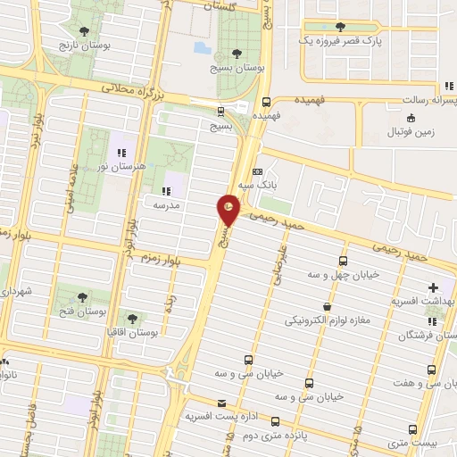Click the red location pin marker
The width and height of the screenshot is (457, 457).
click(228, 210)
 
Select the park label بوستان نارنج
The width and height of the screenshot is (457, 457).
click(81, 44)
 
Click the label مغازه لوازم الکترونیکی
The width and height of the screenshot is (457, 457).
click(327, 319)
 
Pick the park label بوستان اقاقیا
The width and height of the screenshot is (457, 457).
click(136, 332)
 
